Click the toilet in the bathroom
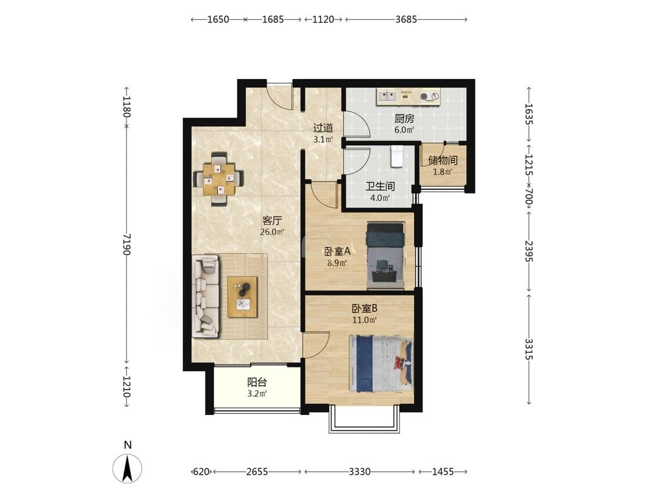point(397,156)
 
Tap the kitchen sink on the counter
point(387,97)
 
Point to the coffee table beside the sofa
point(242,297)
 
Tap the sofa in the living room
point(206,297)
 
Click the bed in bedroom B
point(381,363)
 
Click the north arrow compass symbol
point(127,468)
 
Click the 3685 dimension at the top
point(406,19)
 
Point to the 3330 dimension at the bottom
point(360,472)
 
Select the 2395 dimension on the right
point(528,251)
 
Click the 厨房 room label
point(404,119)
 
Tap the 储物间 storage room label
point(443,160)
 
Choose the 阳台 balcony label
point(257,383)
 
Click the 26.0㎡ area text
point(272,231)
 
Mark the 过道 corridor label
point(323,128)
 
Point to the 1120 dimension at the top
point(323,19)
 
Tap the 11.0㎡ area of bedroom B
point(364,320)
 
